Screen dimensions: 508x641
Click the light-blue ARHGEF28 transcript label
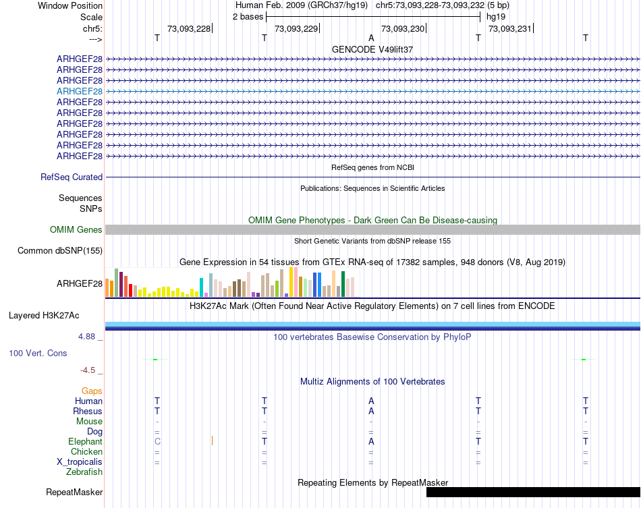(x=80, y=91)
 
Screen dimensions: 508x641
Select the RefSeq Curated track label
(x=72, y=177)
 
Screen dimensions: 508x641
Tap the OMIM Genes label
(x=76, y=230)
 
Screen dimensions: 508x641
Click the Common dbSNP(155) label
(x=60, y=251)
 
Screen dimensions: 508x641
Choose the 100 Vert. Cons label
(x=38, y=353)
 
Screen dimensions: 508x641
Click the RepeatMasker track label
(x=74, y=492)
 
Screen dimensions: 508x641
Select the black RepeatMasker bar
(x=533, y=492)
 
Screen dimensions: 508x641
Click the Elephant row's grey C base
(x=157, y=441)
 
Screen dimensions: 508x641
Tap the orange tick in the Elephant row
(x=212, y=441)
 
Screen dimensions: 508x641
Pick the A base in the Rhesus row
(x=371, y=411)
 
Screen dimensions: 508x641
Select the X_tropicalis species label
(x=80, y=462)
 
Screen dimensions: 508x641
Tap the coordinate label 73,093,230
(x=403, y=28)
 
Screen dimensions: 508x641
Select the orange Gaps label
(x=92, y=391)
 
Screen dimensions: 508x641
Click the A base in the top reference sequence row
(x=371, y=38)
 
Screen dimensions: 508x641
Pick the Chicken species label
(x=86, y=452)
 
